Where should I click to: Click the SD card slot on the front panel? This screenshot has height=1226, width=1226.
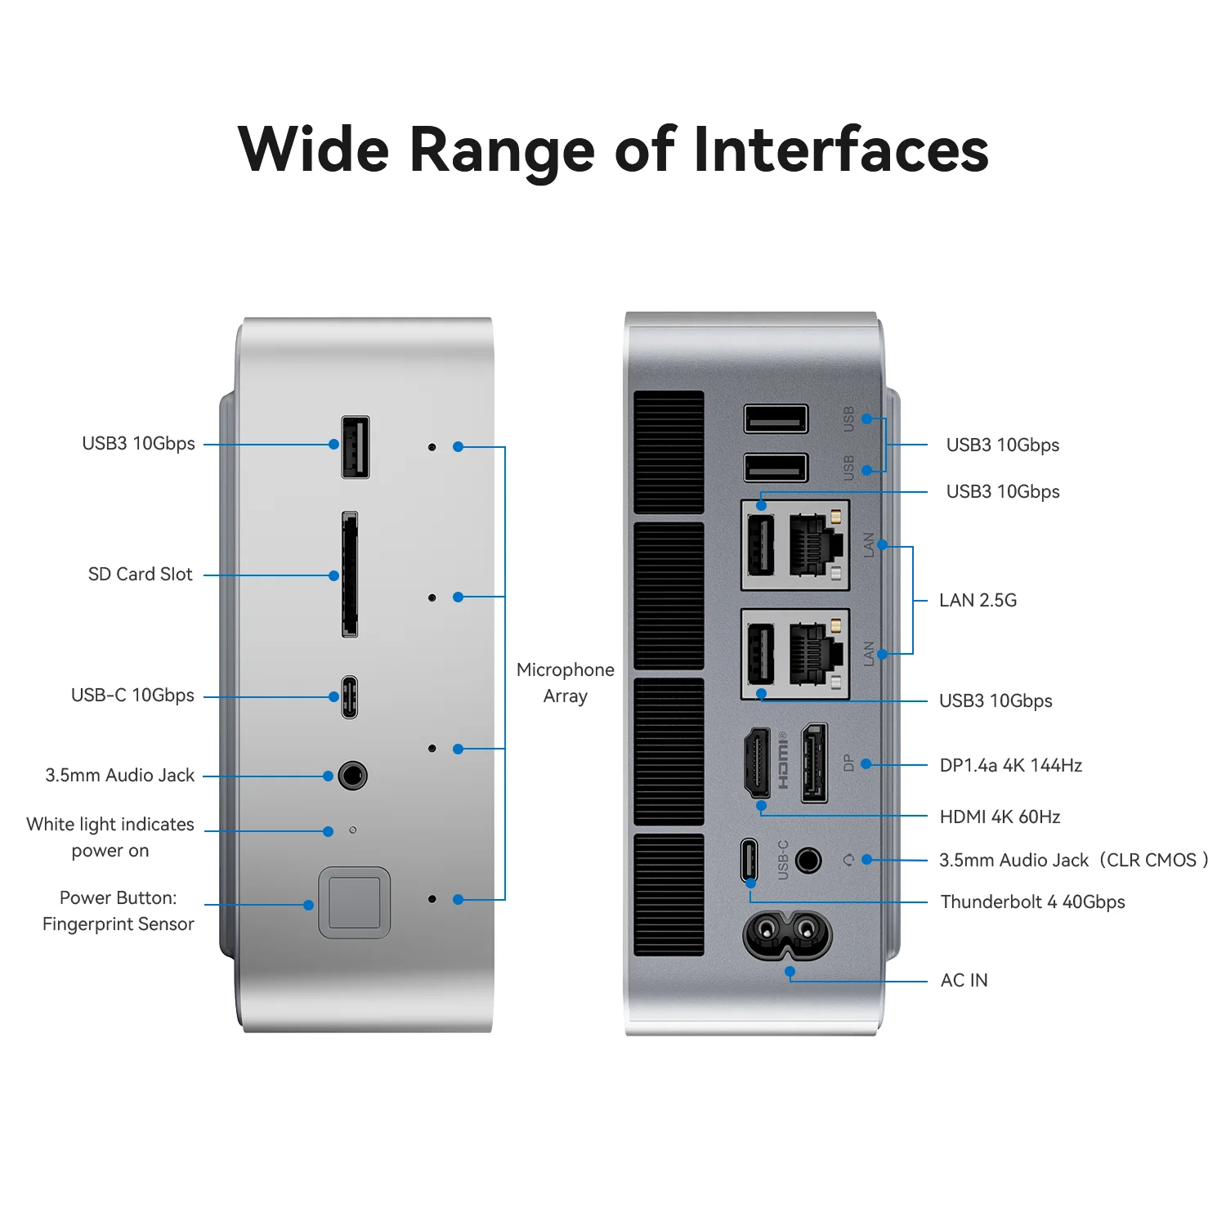[350, 575]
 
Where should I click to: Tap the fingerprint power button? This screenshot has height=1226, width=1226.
[354, 902]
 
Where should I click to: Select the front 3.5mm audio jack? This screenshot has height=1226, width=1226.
[352, 775]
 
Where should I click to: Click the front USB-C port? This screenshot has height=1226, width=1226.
[350, 696]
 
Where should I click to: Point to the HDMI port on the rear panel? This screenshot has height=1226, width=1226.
[758, 763]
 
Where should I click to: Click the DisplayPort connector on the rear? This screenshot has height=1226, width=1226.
[814, 763]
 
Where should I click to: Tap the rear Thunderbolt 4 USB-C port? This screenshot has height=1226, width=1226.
[749, 860]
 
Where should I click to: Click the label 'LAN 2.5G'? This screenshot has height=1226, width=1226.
[978, 601]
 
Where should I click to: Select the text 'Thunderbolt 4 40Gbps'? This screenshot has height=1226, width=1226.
[1032, 902]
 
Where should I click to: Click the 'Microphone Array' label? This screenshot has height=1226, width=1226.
[565, 682]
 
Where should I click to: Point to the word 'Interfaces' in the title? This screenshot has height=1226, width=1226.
[841, 150]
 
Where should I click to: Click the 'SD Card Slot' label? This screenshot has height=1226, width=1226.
[140, 575]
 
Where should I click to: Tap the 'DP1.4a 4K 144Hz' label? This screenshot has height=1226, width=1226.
[1010, 766]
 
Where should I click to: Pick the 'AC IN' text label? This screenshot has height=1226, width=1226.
[964, 981]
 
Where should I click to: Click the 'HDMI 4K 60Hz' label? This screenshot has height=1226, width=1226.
[1000, 817]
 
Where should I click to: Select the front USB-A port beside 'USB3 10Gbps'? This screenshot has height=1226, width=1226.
[355, 447]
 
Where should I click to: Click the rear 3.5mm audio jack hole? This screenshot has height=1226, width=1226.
[808, 860]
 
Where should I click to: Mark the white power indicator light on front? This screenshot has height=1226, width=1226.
[352, 830]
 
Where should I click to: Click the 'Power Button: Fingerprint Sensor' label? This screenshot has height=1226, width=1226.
[118, 911]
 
